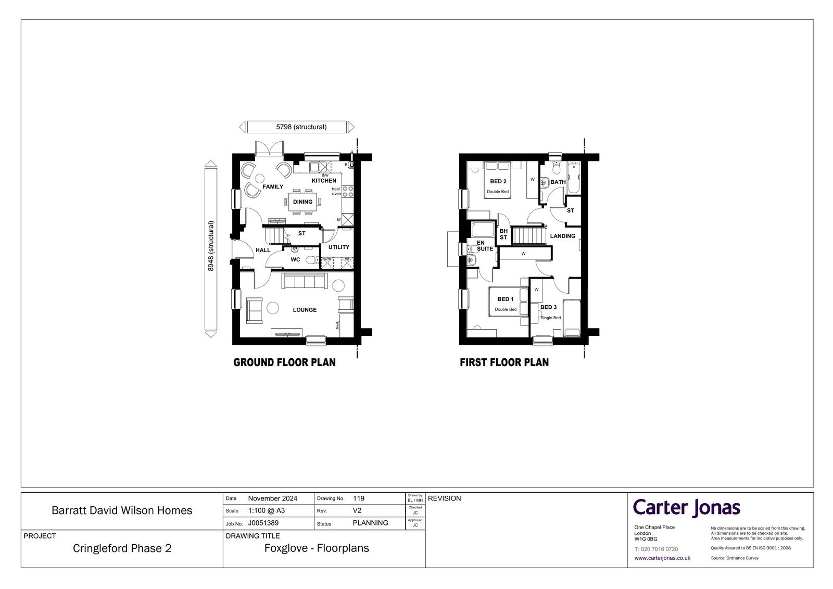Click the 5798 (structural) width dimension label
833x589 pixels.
tap(301, 127)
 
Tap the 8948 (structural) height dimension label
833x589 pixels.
tap(211, 246)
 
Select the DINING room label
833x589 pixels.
tap(302, 202)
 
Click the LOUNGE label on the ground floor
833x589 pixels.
tap(305, 309)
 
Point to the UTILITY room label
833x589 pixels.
tap(339, 247)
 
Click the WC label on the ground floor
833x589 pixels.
tap(295, 259)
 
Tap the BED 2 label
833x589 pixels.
tap(498, 181)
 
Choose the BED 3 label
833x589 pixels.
tap(549, 307)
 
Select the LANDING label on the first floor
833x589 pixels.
tap(563, 236)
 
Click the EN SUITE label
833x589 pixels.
tap(485, 246)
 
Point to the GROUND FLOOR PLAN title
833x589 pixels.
tap(284, 362)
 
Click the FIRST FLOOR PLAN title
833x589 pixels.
tap(504, 362)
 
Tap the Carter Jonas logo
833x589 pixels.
tap(687, 508)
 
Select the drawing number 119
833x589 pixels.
tap(359, 498)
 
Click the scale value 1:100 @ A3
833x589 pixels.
tap(266, 510)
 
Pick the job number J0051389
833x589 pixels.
tap(263, 523)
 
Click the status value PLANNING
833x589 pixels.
tap(370, 523)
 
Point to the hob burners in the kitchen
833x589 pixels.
tap(348, 192)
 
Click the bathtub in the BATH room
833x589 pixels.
tap(573, 178)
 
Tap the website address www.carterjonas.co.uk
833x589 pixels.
tap(662, 558)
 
